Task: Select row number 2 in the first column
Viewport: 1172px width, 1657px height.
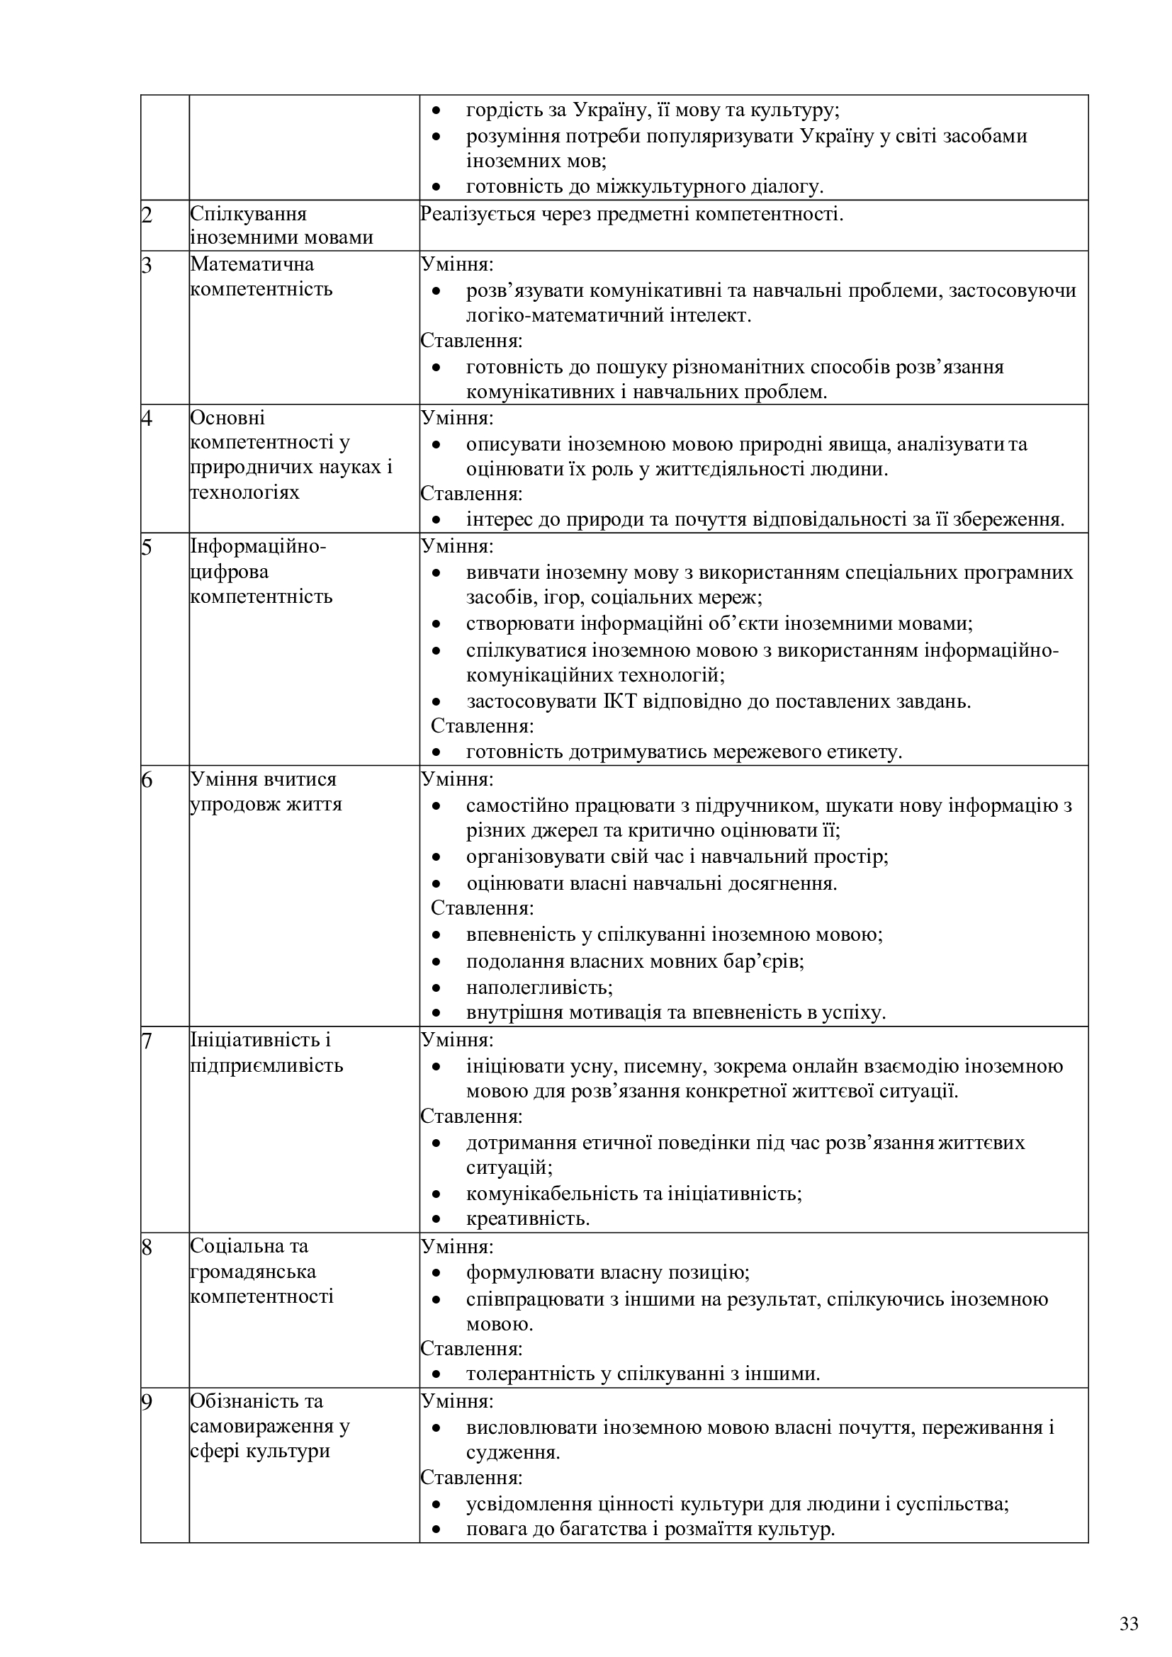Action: click(147, 215)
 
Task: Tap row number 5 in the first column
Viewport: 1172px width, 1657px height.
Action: click(147, 548)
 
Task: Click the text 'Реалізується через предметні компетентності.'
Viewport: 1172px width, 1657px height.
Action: click(631, 215)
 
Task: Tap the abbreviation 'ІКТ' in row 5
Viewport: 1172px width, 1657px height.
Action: click(620, 701)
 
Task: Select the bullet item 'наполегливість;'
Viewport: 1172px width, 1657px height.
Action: click(539, 988)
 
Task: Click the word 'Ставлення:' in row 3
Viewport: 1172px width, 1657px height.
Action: click(471, 341)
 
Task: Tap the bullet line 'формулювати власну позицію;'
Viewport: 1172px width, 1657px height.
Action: click(608, 1272)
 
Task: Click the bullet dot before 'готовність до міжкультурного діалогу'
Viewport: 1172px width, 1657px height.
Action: click(436, 187)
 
